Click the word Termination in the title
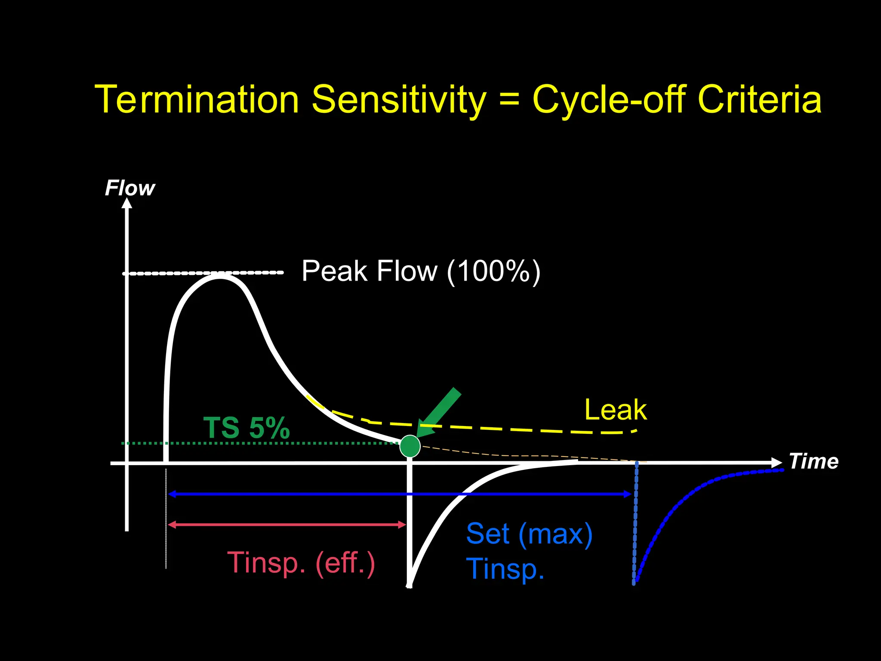(x=197, y=99)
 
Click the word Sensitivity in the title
(x=398, y=100)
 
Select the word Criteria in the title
(x=759, y=99)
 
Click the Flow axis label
(x=130, y=188)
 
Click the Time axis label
(x=813, y=461)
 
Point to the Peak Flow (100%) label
(x=421, y=271)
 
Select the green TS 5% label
(x=246, y=428)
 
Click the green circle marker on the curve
(x=410, y=446)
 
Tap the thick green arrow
(x=440, y=412)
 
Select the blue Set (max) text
(x=529, y=534)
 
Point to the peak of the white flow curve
(x=220, y=276)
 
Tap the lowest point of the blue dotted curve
(x=635, y=583)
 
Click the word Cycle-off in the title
(x=609, y=99)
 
